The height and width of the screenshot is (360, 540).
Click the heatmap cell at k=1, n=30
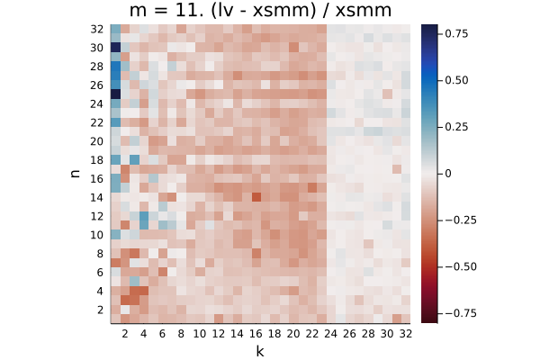(x=116, y=47)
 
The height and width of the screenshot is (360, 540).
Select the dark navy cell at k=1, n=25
(x=116, y=94)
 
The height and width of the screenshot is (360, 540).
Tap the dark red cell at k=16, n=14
(x=256, y=197)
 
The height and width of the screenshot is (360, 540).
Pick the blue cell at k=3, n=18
(x=134, y=159)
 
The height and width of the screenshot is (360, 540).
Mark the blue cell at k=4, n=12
(x=144, y=216)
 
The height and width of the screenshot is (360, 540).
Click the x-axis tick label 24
(x=330, y=334)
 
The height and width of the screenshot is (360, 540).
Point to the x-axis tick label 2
(x=125, y=334)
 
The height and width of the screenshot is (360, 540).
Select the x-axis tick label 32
(x=406, y=334)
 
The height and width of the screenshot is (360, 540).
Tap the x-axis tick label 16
(x=256, y=334)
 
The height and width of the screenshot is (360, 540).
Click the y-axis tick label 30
(x=97, y=48)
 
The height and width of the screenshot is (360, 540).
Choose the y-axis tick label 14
(x=97, y=197)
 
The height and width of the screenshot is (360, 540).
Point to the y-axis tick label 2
(x=100, y=310)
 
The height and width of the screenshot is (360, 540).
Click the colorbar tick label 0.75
(x=456, y=33)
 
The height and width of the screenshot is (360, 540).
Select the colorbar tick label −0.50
(x=461, y=266)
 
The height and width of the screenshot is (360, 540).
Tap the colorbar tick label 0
(x=448, y=174)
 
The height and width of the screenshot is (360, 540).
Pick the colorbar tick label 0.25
(x=456, y=127)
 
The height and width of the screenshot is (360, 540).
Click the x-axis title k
(x=260, y=351)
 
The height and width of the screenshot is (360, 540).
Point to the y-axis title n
(x=75, y=174)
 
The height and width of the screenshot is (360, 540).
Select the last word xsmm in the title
(x=364, y=11)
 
